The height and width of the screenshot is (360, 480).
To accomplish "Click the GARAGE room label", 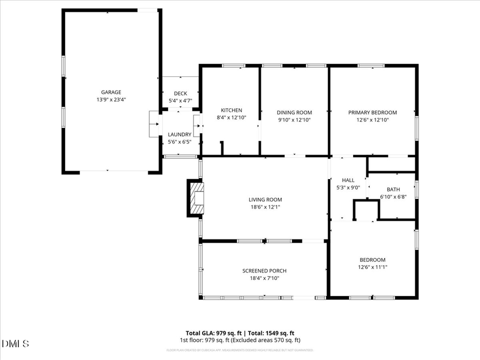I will tap(111, 92).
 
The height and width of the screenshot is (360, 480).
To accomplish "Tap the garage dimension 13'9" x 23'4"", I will tap(111, 99).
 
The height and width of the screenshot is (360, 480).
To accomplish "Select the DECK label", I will tap(180, 93).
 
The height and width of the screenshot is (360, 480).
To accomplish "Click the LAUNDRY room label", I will tap(180, 134).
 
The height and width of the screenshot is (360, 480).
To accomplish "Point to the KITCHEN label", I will tap(231, 110).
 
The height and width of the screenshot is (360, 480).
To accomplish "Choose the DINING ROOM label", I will tap(294, 113).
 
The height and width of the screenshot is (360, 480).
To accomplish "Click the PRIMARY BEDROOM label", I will tap(372, 113).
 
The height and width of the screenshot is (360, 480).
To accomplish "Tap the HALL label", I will tap(348, 180).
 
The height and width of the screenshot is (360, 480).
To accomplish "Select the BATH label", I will tap(393, 189).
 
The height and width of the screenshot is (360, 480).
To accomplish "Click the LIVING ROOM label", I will tap(265, 199).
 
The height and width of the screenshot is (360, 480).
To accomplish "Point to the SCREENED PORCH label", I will tap(265, 271).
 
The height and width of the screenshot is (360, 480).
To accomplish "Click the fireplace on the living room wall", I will tap(196, 198).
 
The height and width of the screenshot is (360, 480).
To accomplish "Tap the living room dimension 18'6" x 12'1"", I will tap(265, 207).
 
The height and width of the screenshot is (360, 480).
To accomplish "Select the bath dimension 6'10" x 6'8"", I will tap(393, 197).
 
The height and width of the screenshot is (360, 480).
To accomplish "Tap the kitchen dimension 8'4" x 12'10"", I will tap(231, 118).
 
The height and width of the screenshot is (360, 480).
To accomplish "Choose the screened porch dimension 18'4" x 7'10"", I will tap(265, 278).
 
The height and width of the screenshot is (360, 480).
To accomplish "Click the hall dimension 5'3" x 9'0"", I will tap(348, 188).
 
